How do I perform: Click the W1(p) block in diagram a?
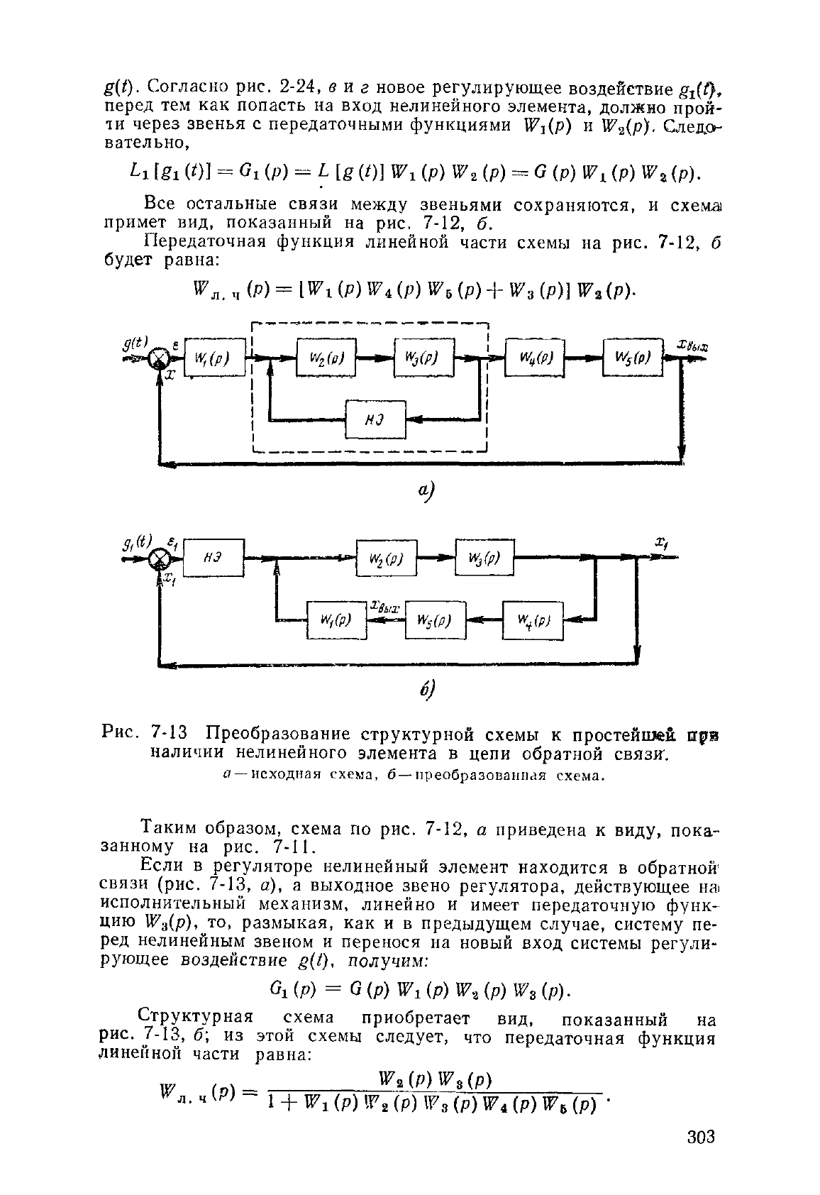pyautogui.click(x=214, y=358)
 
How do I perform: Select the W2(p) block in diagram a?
pyautogui.click(x=326, y=358)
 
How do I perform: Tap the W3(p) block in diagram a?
pyautogui.click(x=424, y=358)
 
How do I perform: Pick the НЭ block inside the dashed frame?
pyautogui.click(x=375, y=419)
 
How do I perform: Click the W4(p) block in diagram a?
pyautogui.click(x=534, y=357)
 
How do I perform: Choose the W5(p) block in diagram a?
pyautogui.click(x=633, y=357)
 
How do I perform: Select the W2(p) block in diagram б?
pyautogui.click(x=387, y=558)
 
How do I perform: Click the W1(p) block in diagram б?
pyautogui.click(x=337, y=620)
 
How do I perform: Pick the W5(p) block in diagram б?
pyautogui.click(x=436, y=620)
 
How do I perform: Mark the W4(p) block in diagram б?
pyautogui.click(x=533, y=620)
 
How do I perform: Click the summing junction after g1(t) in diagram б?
pyautogui.click(x=158, y=559)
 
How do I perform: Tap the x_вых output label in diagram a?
pyautogui.click(x=692, y=346)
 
